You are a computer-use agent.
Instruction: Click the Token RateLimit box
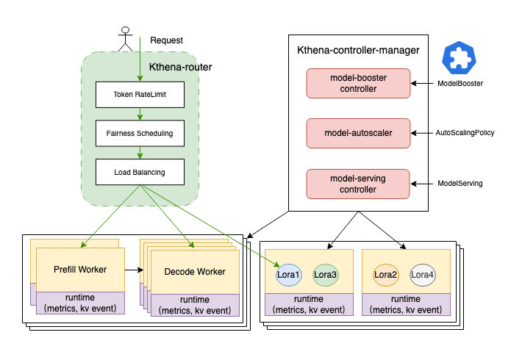click(x=140, y=95)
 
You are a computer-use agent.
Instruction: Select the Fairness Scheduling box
click(x=140, y=134)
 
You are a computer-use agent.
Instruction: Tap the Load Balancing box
click(x=140, y=172)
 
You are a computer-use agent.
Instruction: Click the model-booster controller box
click(x=357, y=83)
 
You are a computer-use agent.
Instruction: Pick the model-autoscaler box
click(x=357, y=133)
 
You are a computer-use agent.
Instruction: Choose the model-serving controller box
click(x=357, y=184)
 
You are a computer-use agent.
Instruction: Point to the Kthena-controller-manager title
click(x=358, y=51)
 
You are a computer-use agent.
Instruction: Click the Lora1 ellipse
click(x=288, y=275)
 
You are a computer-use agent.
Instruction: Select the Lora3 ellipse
click(x=325, y=275)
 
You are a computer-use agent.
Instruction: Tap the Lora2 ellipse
click(x=385, y=275)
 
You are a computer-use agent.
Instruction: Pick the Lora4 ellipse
click(x=422, y=275)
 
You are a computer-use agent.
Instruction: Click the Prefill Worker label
click(x=80, y=270)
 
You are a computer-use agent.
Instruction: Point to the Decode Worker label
click(x=195, y=272)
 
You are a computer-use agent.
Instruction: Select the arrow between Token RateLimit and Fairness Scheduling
click(x=140, y=114)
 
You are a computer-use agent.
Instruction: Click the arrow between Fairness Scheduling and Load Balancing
click(x=140, y=153)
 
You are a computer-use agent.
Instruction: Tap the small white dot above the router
click(x=125, y=30)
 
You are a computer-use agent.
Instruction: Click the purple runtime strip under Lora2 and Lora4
click(x=405, y=304)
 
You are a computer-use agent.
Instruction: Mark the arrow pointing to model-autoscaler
click(x=419, y=133)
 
